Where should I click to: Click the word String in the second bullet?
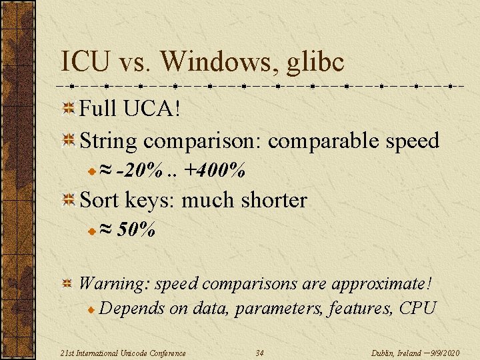[x=108, y=141]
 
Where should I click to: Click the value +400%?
[x=215, y=171]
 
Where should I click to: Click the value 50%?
[x=136, y=231]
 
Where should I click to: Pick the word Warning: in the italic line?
[x=114, y=283]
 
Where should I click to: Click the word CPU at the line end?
[x=417, y=308]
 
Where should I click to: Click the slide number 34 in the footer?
[x=260, y=353]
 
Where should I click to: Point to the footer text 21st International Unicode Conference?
[x=121, y=353]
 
